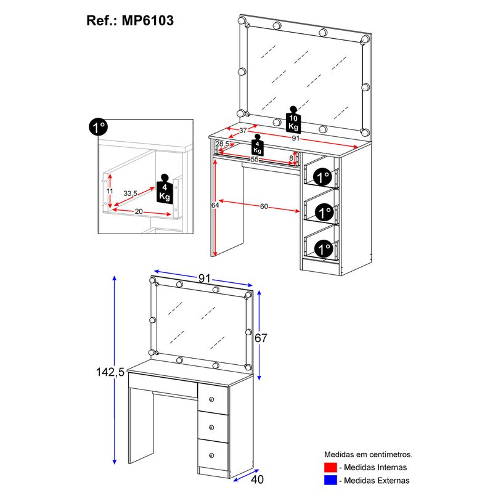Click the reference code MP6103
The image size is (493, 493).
[147, 21]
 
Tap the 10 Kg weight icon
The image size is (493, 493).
[293, 120]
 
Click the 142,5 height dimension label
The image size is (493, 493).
[110, 372]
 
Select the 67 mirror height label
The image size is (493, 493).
[261, 338]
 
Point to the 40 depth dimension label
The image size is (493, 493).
[257, 479]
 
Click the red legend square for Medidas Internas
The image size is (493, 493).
[330, 467]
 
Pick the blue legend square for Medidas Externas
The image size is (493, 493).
[330, 480]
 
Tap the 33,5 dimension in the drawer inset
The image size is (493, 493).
[130, 194]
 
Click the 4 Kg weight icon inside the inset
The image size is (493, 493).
[165, 189]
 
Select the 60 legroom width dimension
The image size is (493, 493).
[264, 206]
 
